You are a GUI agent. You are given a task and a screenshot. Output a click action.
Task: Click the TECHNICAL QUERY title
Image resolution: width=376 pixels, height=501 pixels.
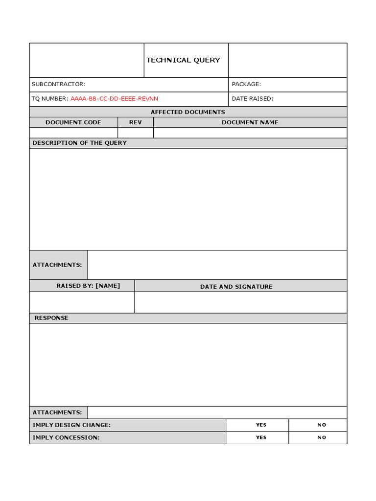183,60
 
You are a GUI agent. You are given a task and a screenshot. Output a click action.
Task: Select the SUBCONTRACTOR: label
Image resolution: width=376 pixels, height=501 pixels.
58,84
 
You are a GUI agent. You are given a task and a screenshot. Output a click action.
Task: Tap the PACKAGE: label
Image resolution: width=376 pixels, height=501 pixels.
246,84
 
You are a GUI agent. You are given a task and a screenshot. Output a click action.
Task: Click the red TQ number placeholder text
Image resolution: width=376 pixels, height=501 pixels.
114,98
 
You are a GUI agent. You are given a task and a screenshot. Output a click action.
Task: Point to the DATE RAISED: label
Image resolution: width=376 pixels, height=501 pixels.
252,98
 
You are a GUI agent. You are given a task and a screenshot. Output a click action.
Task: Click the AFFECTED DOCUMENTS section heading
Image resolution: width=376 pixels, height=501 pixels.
188,112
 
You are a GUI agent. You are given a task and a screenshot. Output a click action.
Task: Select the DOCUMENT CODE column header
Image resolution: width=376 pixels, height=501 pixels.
73,122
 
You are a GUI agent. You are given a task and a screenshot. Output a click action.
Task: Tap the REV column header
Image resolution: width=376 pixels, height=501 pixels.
135,122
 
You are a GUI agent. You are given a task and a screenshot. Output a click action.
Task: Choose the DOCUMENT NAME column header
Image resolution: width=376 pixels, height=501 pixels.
250,122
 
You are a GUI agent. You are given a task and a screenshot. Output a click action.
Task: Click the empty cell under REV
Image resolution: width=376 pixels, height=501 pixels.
136,133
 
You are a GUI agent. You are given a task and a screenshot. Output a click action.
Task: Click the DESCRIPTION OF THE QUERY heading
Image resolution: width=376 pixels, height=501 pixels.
79,143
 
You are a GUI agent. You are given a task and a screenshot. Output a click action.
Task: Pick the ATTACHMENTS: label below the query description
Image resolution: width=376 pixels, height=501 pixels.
57,265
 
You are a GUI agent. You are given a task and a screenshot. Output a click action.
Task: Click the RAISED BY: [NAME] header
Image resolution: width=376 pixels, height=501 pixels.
88,286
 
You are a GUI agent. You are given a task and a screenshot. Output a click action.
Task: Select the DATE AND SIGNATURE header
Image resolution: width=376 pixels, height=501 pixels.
236,287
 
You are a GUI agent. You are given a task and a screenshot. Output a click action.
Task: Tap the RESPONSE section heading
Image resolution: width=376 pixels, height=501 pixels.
51,318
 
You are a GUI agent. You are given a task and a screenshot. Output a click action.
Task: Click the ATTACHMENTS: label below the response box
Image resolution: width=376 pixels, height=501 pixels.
57,412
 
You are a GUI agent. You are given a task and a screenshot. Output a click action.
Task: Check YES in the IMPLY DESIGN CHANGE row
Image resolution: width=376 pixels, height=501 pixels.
261,425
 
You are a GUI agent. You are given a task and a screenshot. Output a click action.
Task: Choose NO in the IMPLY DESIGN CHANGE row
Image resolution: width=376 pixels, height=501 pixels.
322,425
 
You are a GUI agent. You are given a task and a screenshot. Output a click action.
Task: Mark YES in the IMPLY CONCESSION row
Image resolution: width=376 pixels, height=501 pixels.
261,437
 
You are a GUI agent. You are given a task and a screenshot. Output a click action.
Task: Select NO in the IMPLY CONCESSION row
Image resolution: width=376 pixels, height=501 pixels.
322,437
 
